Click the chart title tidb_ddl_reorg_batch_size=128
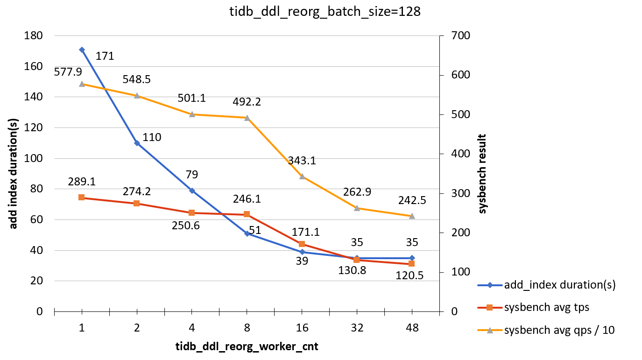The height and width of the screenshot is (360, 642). click(321, 12)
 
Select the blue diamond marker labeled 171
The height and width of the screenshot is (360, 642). click(82, 49)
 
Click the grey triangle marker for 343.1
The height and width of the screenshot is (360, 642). click(302, 176)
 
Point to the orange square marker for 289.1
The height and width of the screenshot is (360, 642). click(82, 198)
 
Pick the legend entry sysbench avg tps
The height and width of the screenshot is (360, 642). click(547, 307)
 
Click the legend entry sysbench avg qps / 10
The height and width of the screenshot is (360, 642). click(559, 330)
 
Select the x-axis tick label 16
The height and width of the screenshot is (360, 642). click(302, 328)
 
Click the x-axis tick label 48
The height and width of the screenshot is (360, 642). click(412, 328)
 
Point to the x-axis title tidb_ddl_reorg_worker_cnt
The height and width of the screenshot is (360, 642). click(247, 347)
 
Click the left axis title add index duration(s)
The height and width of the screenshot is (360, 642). click(14, 174)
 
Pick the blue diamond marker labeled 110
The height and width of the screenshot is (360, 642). click(137, 143)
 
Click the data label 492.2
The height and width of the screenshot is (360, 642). click(247, 102)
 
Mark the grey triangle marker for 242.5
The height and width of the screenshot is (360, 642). click(412, 216)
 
